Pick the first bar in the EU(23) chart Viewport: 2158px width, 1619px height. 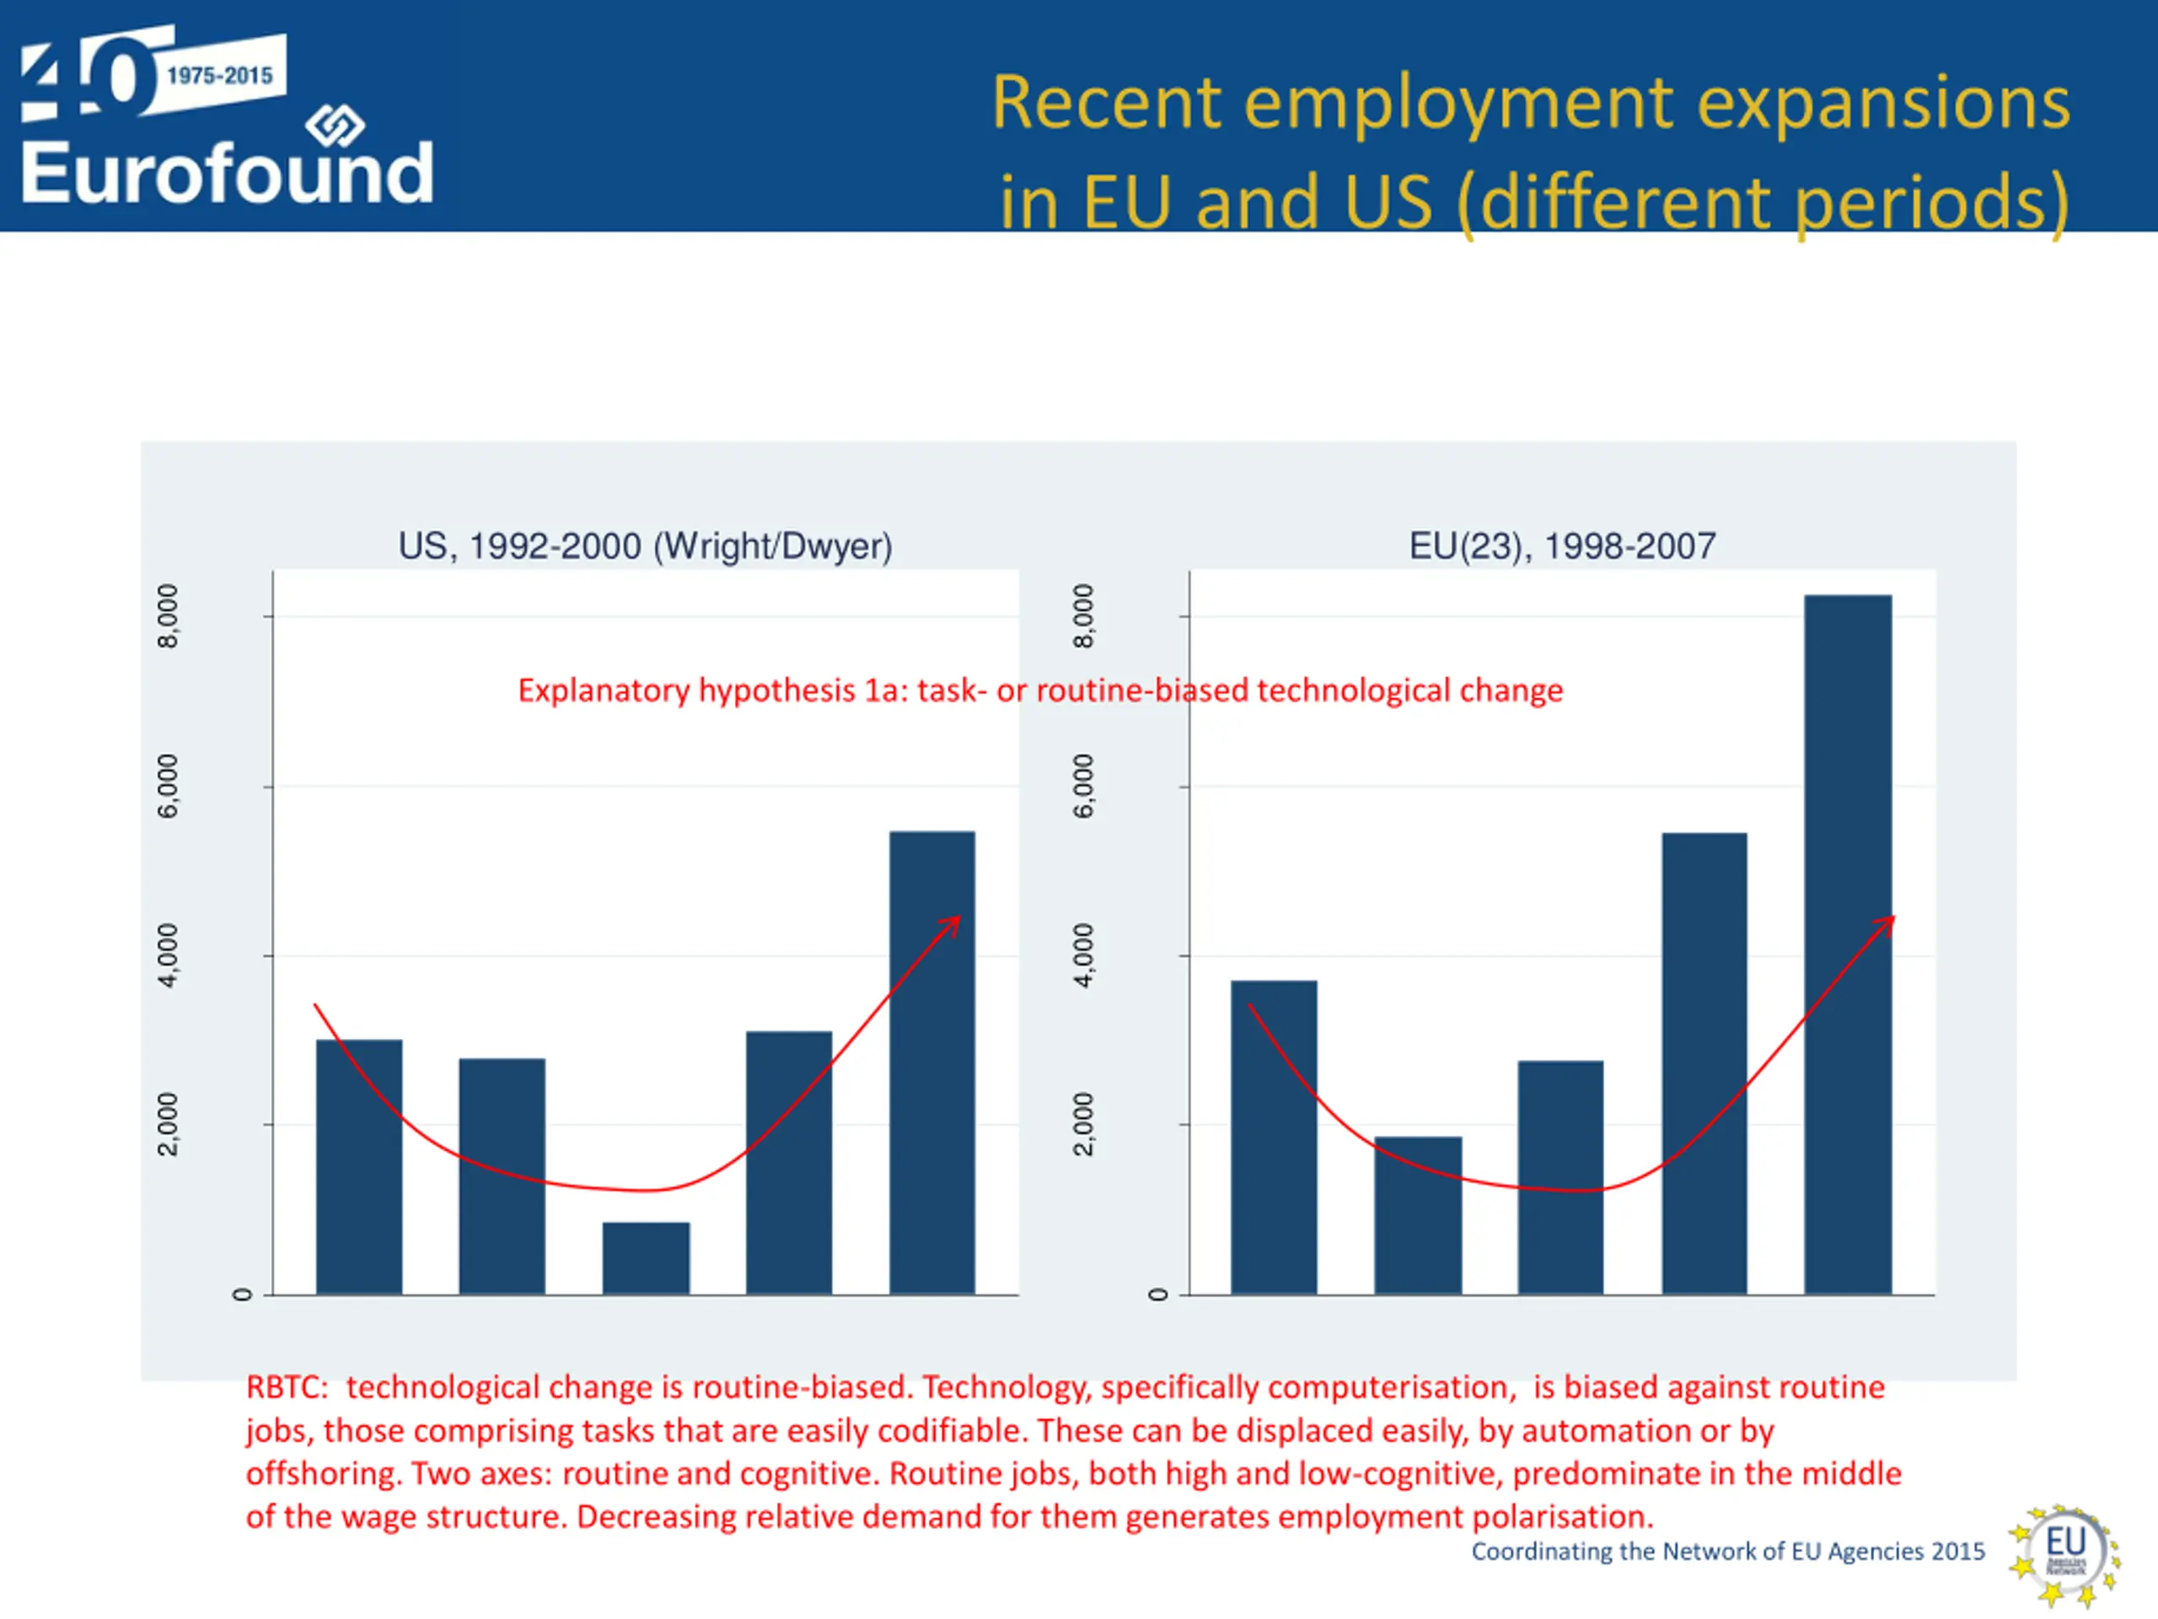pyautogui.click(x=1273, y=1137)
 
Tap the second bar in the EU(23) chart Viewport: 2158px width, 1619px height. pyautogui.click(x=1418, y=1215)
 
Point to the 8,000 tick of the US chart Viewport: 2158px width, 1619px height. pyautogui.click(x=169, y=616)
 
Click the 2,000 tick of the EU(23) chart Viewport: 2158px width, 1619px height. pyautogui.click(x=1084, y=1124)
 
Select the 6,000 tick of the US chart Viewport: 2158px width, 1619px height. pyautogui.click(x=169, y=786)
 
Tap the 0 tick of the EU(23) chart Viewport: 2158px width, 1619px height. pyautogui.click(x=1158, y=1294)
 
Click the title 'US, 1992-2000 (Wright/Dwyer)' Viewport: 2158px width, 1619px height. pyautogui.click(x=645, y=546)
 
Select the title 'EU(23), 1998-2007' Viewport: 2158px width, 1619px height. pyautogui.click(x=1562, y=546)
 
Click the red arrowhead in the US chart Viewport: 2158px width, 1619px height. pyautogui.click(x=953, y=923)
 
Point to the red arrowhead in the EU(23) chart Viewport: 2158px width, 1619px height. pyautogui.click(x=1887, y=923)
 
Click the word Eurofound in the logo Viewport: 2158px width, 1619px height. pyautogui.click(x=226, y=173)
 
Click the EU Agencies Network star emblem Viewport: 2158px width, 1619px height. pyautogui.click(x=2064, y=1555)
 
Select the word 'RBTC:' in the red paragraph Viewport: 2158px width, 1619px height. pyautogui.click(x=287, y=1387)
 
